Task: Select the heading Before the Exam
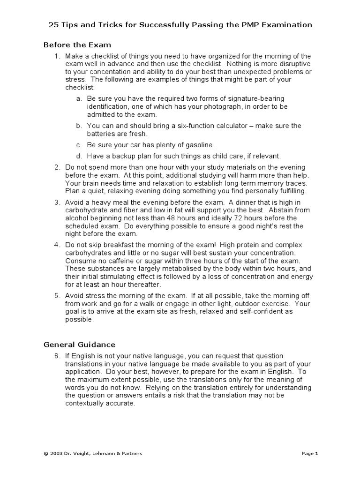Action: pos(77,45)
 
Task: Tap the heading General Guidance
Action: pos(79,345)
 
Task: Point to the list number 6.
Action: pos(57,356)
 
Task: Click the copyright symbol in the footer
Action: pos(45,454)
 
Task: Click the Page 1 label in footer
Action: pos(310,454)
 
